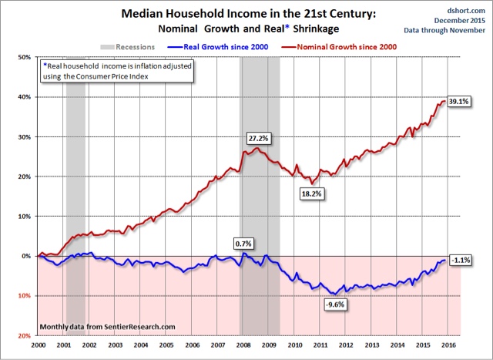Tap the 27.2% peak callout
tap(258, 138)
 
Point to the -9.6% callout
tap(335, 304)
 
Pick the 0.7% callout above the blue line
tap(243, 243)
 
